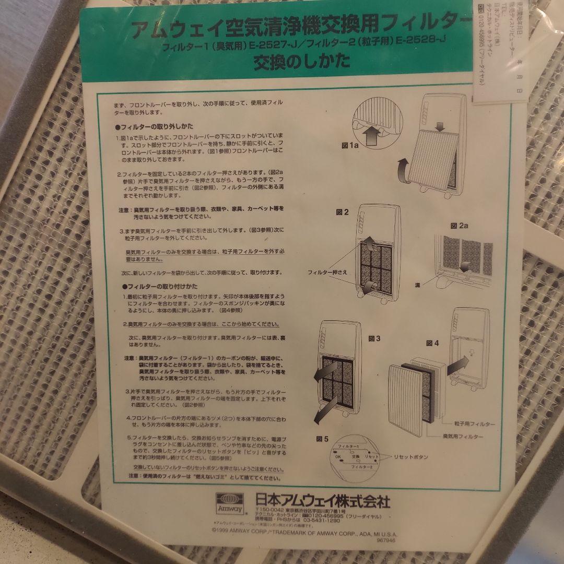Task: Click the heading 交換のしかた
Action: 301,62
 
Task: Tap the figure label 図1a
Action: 350,145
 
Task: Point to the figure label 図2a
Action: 460,226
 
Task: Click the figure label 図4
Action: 433,343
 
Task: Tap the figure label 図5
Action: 322,439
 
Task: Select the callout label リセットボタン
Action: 412,456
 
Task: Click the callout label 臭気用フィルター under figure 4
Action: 463,436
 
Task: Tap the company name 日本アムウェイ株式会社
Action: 323,501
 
